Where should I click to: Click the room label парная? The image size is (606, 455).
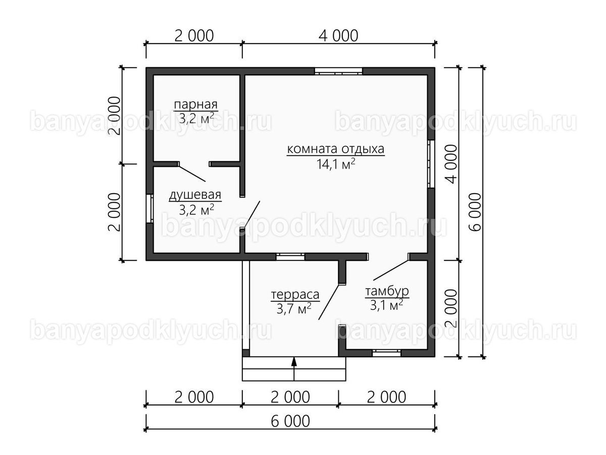click(x=196, y=105)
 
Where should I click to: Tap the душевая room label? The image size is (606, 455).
click(x=195, y=195)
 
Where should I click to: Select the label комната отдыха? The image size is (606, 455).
click(x=336, y=149)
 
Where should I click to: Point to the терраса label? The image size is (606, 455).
click(x=295, y=295)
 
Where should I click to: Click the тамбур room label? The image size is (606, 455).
click(x=387, y=292)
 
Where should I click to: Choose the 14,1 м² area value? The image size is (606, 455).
click(x=336, y=164)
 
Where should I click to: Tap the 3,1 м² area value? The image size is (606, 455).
click(x=386, y=305)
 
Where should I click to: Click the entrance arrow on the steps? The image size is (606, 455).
click(x=294, y=369)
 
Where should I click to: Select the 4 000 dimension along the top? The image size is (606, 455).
click(x=338, y=36)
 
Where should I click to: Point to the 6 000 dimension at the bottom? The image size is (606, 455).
click(x=290, y=422)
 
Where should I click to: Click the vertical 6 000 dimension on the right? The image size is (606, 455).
click(x=475, y=212)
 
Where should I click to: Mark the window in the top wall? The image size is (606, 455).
click(x=339, y=71)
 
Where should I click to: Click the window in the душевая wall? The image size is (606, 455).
click(x=149, y=209)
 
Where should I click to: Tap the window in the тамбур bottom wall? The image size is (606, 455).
click(x=386, y=353)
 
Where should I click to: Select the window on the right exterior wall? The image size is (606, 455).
click(x=431, y=164)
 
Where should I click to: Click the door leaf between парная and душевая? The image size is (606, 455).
click(x=192, y=174)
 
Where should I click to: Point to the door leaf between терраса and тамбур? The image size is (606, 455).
click(x=329, y=302)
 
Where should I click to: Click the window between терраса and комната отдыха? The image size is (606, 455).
click(x=290, y=257)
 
